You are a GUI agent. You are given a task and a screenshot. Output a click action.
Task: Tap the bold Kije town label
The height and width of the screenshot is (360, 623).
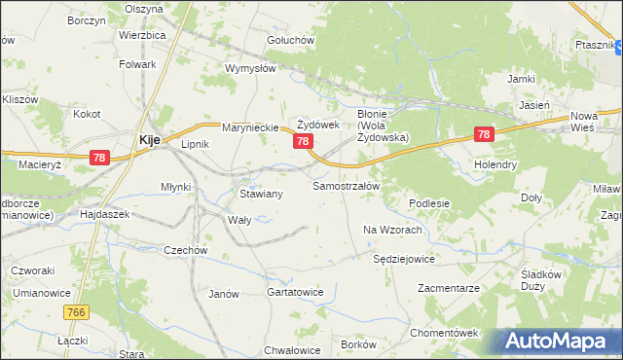tap(149, 140)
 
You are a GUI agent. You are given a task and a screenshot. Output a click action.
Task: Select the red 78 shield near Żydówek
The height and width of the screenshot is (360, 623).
tap(303, 142)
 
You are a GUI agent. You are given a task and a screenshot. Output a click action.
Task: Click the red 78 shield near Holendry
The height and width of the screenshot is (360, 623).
tap(484, 135)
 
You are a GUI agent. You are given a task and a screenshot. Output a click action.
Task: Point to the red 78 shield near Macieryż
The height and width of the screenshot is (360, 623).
tap(98, 157)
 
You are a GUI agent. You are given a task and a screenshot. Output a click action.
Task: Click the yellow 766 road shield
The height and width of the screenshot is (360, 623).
tap(79, 312)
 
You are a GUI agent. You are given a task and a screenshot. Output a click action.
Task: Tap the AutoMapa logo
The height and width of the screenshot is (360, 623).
tap(559, 342)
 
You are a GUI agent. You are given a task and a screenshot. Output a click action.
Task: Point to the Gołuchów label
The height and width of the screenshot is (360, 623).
tap(290, 40)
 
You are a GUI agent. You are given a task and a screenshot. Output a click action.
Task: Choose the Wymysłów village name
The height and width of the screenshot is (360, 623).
tap(251, 69)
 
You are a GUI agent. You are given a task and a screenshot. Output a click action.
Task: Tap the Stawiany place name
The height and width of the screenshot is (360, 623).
tap(261, 195)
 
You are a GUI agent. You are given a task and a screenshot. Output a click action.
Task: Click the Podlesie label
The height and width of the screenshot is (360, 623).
tap(429, 203)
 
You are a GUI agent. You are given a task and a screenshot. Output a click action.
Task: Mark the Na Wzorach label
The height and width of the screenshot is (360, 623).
tap(391, 230)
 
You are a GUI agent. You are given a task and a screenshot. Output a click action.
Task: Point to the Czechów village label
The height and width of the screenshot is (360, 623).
tap(186, 250)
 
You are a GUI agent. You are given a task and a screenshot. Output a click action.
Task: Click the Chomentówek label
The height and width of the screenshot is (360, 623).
tap(443, 333)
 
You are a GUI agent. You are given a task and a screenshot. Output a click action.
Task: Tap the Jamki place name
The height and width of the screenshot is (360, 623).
tap(521, 78)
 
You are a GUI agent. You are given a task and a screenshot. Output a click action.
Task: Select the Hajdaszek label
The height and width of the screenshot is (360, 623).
tap(104, 213)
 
